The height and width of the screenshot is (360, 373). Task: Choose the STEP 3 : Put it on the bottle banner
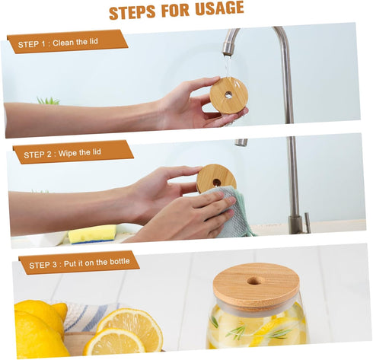point(79,263)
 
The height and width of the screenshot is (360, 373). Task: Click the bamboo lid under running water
point(228,95)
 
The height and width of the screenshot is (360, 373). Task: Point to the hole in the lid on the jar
point(256,281)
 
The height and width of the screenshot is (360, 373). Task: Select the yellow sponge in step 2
point(92,233)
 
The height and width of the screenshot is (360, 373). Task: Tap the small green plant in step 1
point(49,100)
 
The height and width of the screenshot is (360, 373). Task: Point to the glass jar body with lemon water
point(256,327)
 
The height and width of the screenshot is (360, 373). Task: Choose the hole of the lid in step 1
point(228,95)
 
